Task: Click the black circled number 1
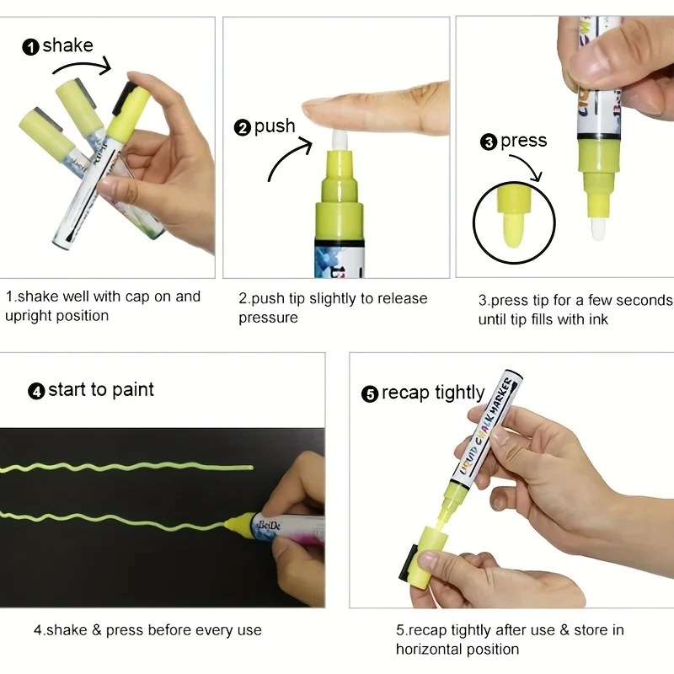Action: (x=30, y=47)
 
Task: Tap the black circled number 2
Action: (x=243, y=128)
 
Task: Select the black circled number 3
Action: (x=489, y=142)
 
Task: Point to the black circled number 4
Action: (x=36, y=391)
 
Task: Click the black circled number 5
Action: (x=370, y=393)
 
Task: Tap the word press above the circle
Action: (x=523, y=142)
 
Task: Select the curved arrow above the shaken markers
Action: (x=82, y=67)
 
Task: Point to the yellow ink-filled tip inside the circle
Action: (x=513, y=229)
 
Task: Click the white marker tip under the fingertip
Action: (x=340, y=140)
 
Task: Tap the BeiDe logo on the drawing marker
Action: (x=269, y=525)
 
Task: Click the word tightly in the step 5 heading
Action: (x=459, y=393)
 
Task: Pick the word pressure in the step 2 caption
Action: (x=268, y=318)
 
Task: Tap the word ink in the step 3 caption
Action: (x=599, y=319)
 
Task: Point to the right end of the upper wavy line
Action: (x=252, y=468)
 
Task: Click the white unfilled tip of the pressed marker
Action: (x=598, y=229)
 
